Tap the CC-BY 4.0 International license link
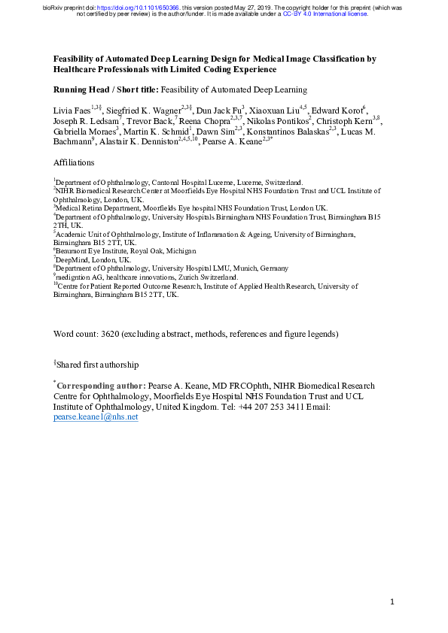[x=325, y=14]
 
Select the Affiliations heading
[x=74, y=162]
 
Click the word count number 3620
[x=108, y=333]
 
